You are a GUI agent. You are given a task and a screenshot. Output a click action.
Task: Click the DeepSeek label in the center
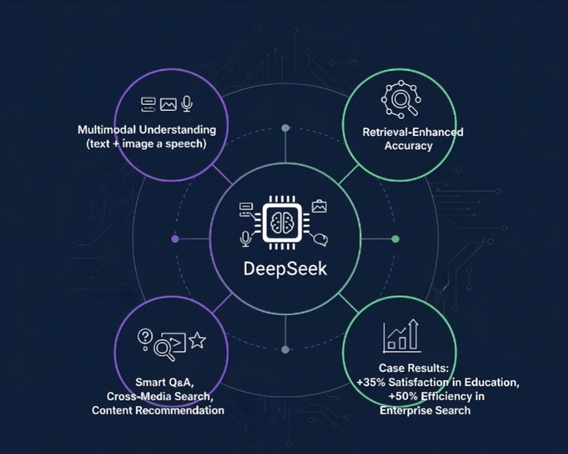(x=285, y=269)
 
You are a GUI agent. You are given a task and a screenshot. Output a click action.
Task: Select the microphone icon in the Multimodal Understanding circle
(x=187, y=103)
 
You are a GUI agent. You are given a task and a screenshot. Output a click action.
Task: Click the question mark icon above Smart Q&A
(x=145, y=336)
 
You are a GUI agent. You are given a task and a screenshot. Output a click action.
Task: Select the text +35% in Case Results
(x=371, y=382)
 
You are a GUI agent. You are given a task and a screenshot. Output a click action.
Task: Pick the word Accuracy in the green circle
(x=409, y=146)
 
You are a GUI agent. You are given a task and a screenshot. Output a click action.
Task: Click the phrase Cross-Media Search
(x=158, y=396)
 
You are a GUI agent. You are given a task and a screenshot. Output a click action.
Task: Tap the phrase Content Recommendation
(x=158, y=410)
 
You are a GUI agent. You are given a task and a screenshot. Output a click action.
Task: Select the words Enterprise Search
(x=425, y=410)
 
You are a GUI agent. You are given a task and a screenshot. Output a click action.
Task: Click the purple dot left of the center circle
(x=175, y=239)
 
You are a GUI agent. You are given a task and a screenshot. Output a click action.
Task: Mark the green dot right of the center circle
(x=395, y=239)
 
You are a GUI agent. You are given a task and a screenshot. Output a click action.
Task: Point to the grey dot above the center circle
(x=285, y=128)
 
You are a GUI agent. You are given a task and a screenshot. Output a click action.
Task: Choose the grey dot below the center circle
(x=285, y=350)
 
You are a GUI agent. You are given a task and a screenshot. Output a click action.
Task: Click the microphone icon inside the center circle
(x=245, y=239)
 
